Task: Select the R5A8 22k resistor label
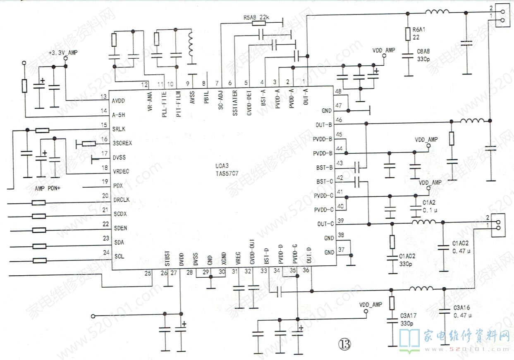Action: pos(256,18)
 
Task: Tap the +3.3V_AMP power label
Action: pos(62,53)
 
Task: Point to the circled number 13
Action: pos(344,343)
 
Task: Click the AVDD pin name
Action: pos(118,101)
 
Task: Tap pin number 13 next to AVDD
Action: pos(103,97)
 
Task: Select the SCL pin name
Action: pos(119,256)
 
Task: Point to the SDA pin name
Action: pos(119,242)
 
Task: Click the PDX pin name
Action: pos(118,186)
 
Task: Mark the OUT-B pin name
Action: pos(323,124)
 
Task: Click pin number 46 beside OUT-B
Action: pos(339,120)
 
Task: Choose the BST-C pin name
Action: pos(325,181)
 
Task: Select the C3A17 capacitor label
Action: pos(408,315)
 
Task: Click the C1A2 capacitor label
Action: pos(429,203)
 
